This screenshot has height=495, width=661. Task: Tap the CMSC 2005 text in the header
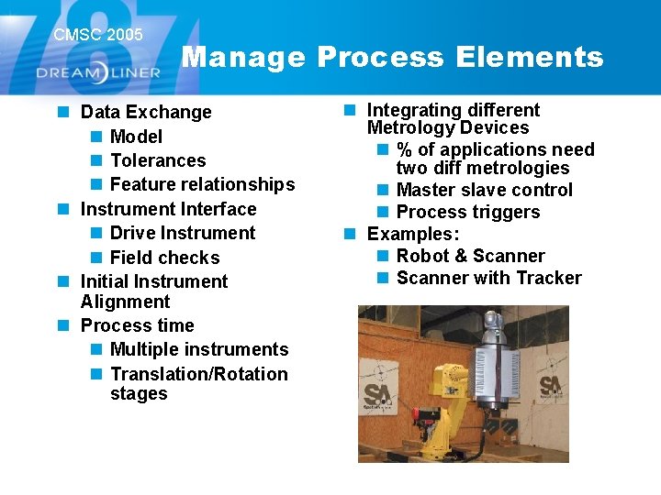tap(98, 35)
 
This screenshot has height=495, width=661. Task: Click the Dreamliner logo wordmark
tap(98, 72)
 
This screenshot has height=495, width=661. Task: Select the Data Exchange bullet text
tap(146, 112)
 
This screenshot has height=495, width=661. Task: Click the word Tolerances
tap(158, 160)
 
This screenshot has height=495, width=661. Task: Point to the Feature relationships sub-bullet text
tap(202, 184)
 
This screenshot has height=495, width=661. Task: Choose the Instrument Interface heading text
tap(169, 209)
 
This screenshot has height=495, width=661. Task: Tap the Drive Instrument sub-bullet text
tap(183, 233)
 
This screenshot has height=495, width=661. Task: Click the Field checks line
tap(165, 258)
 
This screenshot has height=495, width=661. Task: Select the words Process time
tap(138, 325)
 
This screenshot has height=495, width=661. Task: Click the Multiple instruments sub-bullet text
tap(199, 349)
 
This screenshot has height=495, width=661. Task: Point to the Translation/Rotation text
tap(199, 374)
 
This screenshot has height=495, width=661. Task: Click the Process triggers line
tap(468, 212)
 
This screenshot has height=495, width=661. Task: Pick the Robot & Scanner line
tap(471, 256)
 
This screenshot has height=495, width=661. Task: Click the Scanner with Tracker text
tap(489, 278)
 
